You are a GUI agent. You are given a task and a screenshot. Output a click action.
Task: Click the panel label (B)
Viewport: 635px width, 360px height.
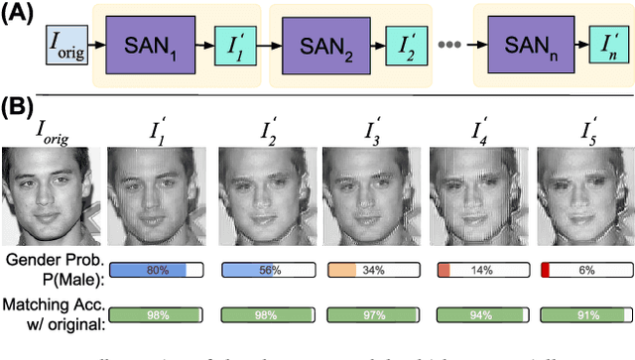tap(20, 105)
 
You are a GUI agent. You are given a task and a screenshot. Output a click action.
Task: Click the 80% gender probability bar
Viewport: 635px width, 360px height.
tap(155, 270)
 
